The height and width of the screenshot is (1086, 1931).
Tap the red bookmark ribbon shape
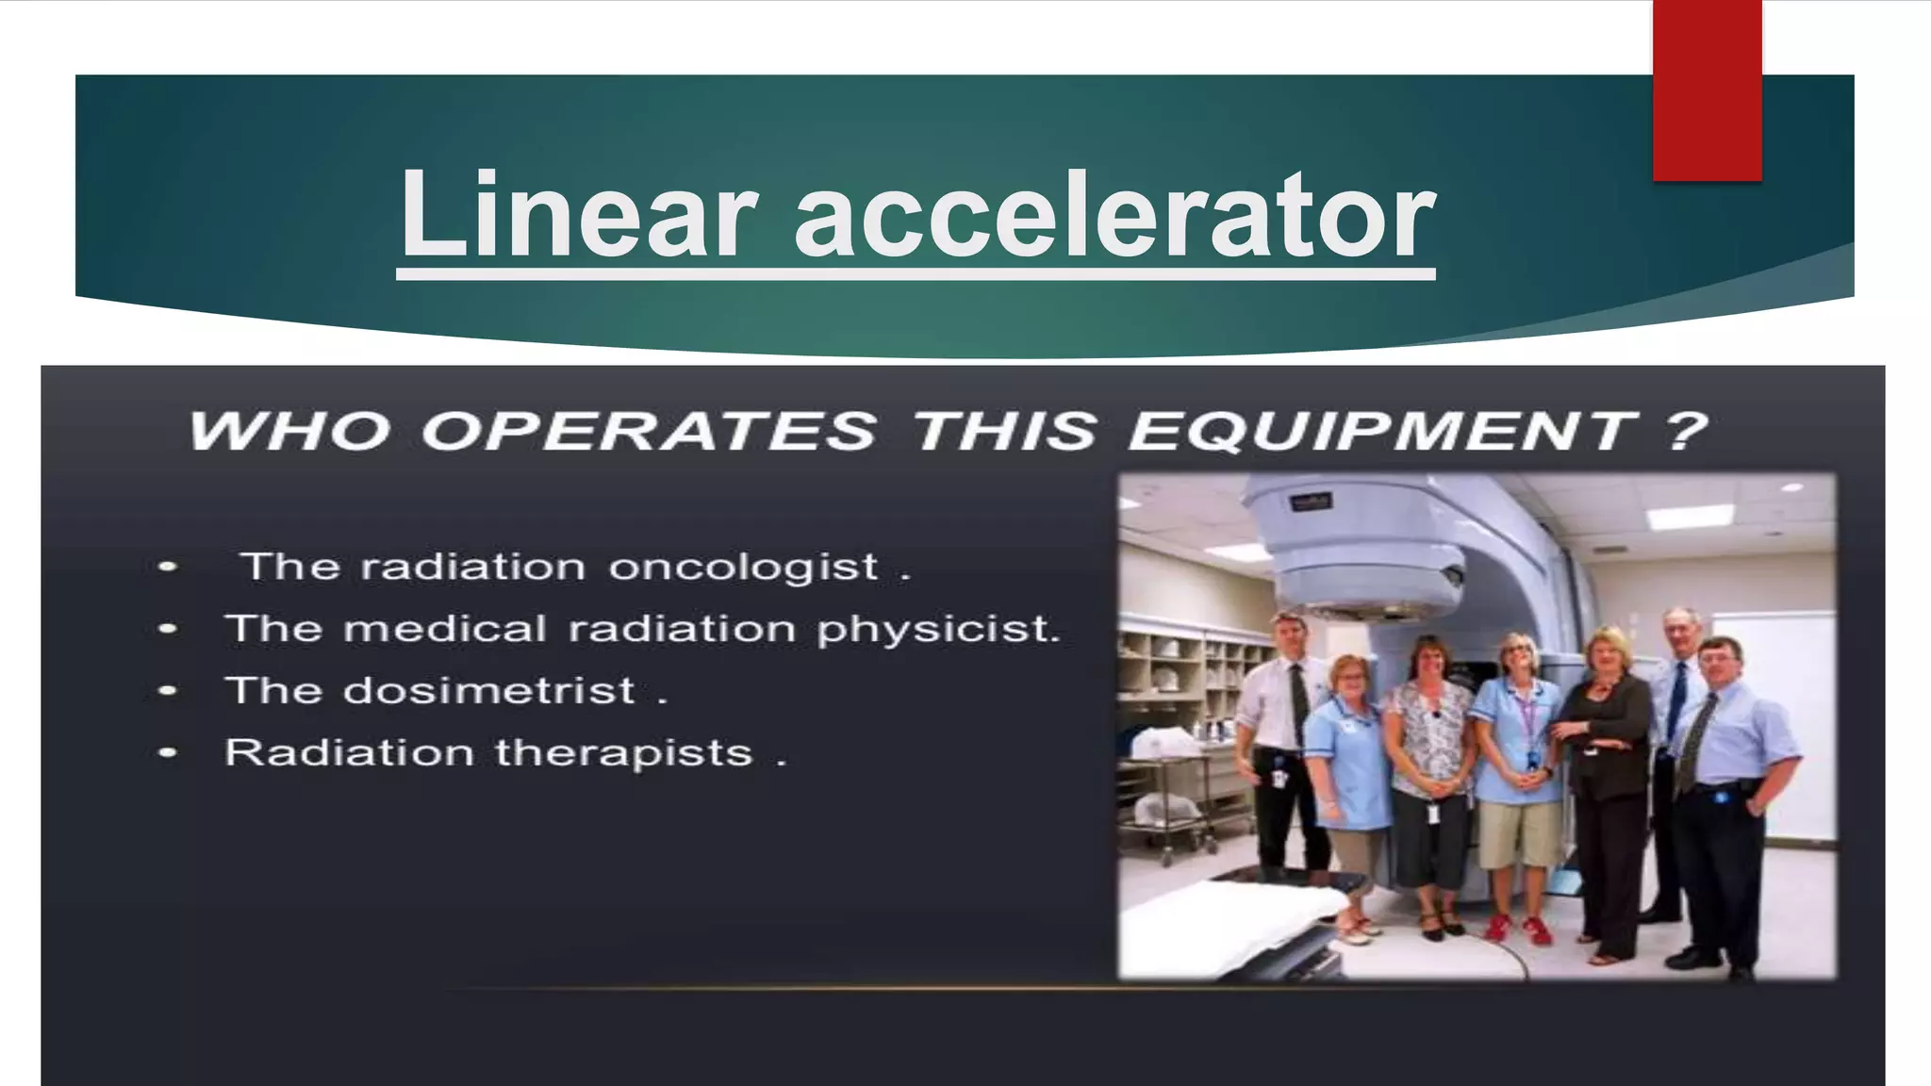click(x=1707, y=90)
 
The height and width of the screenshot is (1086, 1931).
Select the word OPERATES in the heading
click(x=649, y=431)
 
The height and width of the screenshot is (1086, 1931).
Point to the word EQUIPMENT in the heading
click(x=1382, y=431)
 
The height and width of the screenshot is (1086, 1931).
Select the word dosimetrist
click(x=489, y=691)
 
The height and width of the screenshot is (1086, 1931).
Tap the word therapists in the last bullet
click(x=623, y=753)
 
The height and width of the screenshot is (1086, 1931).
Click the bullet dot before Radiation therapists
click(x=168, y=753)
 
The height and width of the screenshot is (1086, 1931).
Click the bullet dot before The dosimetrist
click(x=168, y=691)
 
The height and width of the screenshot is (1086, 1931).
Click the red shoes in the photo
click(x=1518, y=930)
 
